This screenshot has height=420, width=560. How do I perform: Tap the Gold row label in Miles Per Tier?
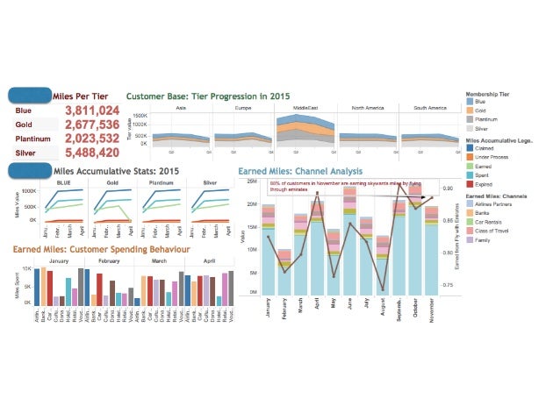24,125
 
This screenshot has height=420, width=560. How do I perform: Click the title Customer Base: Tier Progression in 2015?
208,96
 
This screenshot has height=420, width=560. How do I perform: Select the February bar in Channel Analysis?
284,273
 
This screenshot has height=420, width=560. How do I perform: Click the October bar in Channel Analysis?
415,246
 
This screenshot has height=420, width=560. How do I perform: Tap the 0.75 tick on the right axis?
447,285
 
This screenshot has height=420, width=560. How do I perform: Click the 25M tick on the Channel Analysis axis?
252,182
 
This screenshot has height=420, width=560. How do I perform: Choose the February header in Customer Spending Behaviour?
110,261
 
